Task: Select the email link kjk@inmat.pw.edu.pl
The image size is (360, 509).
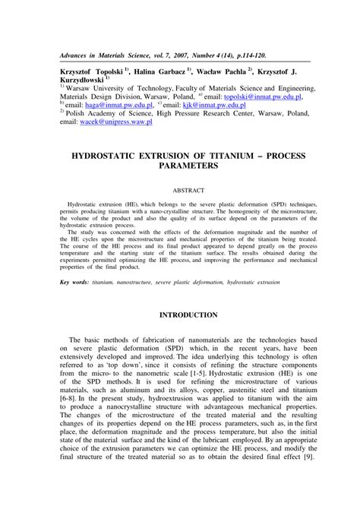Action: [x=218, y=106]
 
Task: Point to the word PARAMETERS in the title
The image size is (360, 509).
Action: [x=179, y=164]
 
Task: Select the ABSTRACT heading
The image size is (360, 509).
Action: [x=179, y=190]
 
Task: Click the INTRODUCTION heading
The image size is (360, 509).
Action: [x=179, y=315]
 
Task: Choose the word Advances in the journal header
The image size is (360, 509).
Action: [x=80, y=55]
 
